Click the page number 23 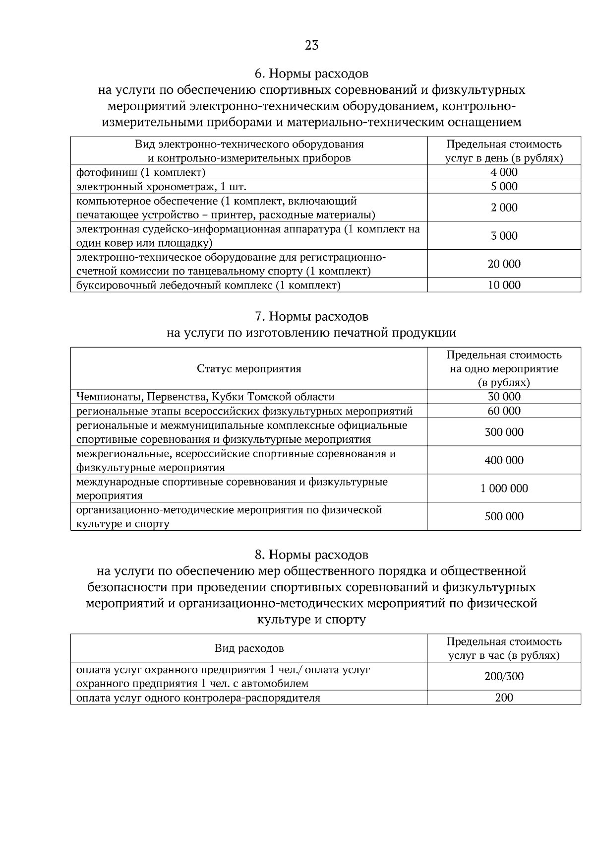click(x=311, y=46)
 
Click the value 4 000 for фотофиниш click(x=504, y=172)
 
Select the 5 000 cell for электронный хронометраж click(x=504, y=186)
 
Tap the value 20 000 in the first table click(x=504, y=264)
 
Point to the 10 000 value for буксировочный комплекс click(x=504, y=285)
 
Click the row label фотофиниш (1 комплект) click(x=141, y=172)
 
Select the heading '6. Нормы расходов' click(x=311, y=74)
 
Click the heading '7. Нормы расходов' click(x=311, y=316)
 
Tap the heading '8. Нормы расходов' click(x=311, y=554)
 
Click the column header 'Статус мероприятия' click(x=249, y=369)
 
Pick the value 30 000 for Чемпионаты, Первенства click(x=504, y=397)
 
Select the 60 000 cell click(x=504, y=411)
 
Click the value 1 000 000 click(x=504, y=489)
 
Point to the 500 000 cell click(x=504, y=517)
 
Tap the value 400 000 click(x=504, y=460)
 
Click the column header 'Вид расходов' click(x=249, y=648)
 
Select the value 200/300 click(x=504, y=676)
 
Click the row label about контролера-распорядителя click(x=198, y=698)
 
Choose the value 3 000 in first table click(x=504, y=236)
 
